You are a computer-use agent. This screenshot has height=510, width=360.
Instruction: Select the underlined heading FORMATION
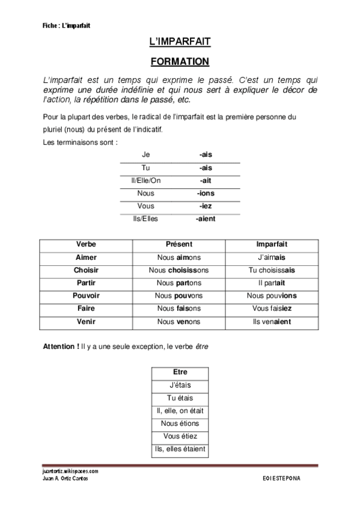(x=179, y=61)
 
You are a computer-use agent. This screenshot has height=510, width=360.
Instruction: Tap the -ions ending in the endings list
(x=206, y=193)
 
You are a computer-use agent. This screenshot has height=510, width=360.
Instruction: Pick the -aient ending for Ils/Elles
(x=206, y=218)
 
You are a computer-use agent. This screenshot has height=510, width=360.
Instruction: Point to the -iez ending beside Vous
(x=206, y=206)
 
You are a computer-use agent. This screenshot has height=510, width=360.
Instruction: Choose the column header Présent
(x=178, y=245)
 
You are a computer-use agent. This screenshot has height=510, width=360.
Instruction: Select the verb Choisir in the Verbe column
(x=87, y=270)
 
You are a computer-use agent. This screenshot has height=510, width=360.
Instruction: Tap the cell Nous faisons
(x=178, y=308)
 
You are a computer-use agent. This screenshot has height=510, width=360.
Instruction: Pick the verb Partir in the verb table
(x=87, y=283)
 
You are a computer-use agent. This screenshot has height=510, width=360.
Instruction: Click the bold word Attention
(x=62, y=347)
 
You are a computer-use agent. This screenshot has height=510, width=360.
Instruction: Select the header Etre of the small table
(x=180, y=372)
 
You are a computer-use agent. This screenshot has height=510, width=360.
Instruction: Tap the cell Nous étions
(x=180, y=423)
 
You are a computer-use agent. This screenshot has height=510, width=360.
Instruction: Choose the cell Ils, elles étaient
(x=180, y=449)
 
